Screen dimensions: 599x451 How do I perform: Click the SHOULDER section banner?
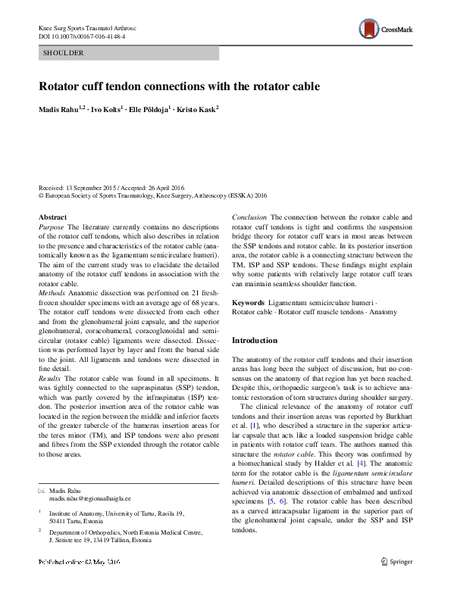click(x=128, y=53)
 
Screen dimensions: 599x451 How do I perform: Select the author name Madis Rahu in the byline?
click(x=60, y=109)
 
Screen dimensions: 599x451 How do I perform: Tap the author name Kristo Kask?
click(x=196, y=109)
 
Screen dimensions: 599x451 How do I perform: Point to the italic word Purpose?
click(x=51, y=226)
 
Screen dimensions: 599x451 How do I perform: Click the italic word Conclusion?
click(x=249, y=217)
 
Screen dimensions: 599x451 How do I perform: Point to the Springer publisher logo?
click(x=397, y=582)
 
